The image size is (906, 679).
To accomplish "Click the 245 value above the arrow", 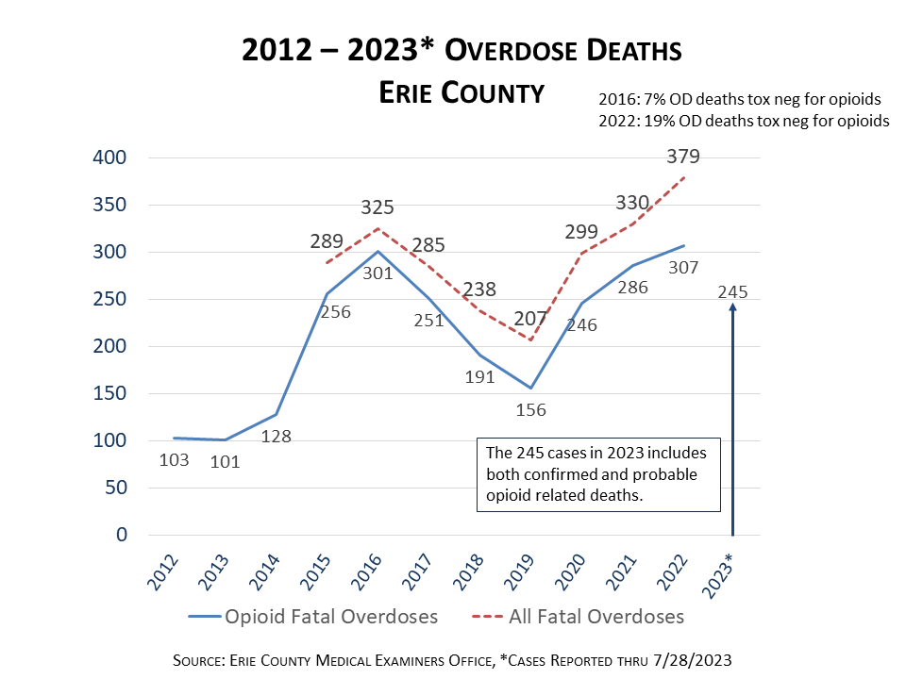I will (x=731, y=291).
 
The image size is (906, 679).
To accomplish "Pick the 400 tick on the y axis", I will (x=109, y=157).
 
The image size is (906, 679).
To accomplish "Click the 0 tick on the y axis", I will (x=121, y=535).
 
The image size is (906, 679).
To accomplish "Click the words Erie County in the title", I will (x=461, y=92).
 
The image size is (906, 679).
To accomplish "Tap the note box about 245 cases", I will (x=598, y=474).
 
